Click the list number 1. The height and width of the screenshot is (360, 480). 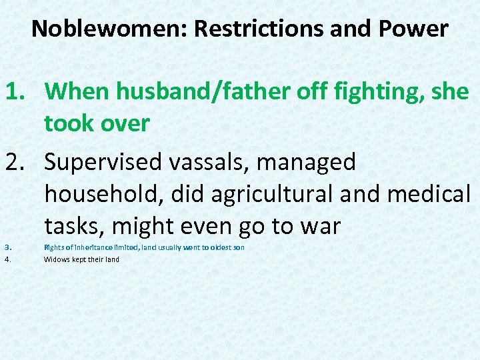tap(14, 91)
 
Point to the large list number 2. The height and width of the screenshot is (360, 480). tap(15, 162)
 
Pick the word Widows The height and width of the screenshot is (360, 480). tap(57, 259)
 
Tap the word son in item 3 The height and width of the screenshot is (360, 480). tap(239, 247)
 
